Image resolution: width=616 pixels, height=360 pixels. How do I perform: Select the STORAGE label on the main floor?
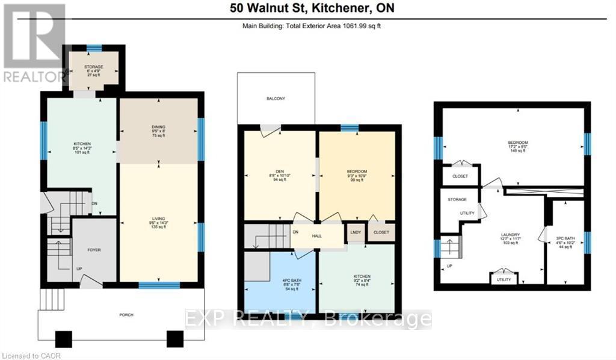point(93,67)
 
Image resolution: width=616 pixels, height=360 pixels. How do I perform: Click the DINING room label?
point(158,127)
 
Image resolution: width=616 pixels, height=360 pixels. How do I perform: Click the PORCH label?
point(126,314)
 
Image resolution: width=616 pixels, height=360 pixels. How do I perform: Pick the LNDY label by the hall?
point(355,232)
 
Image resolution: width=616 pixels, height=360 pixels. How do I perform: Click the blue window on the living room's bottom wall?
point(159,285)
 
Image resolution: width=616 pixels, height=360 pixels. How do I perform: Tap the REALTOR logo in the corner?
point(33,42)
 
